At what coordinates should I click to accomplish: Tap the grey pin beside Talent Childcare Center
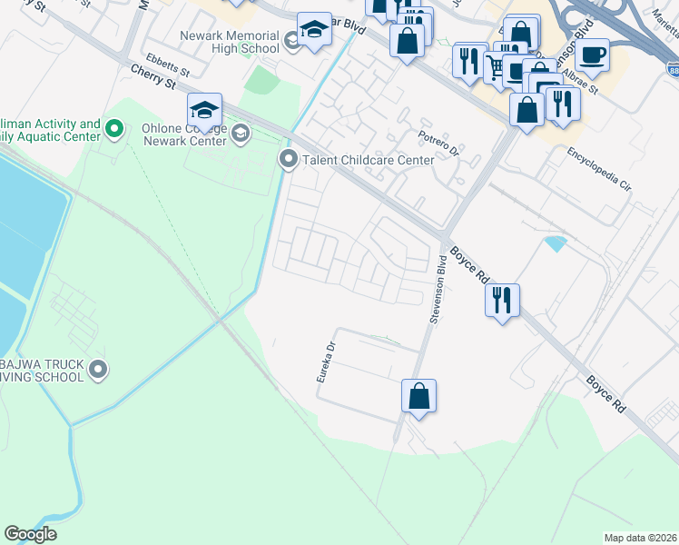[x=289, y=160]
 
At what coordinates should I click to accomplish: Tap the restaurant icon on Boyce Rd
[x=502, y=299]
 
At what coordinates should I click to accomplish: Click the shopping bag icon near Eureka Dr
[x=418, y=396]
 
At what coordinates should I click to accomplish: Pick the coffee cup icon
[x=592, y=54]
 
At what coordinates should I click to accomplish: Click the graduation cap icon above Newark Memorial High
[x=314, y=29]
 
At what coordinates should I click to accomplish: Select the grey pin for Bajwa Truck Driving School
[x=100, y=370]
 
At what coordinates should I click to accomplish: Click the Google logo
[x=30, y=534]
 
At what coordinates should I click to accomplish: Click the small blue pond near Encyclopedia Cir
[x=555, y=243]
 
